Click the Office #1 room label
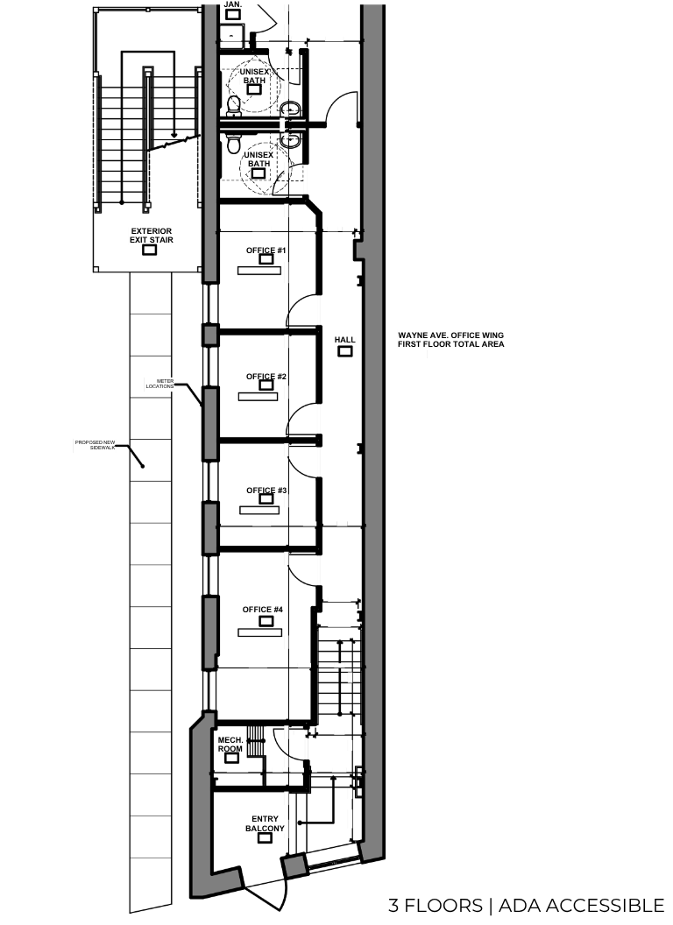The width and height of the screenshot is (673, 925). pyautogui.click(x=266, y=251)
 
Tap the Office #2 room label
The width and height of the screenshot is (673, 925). pyautogui.click(x=266, y=377)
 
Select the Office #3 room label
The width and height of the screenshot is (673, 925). pyautogui.click(x=266, y=491)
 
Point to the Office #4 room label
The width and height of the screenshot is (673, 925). pyautogui.click(x=263, y=610)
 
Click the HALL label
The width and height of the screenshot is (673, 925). pyautogui.click(x=344, y=340)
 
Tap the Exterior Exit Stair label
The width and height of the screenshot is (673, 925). pyautogui.click(x=152, y=236)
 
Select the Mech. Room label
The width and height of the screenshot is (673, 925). pyautogui.click(x=230, y=745)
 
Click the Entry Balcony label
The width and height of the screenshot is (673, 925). pyautogui.click(x=265, y=823)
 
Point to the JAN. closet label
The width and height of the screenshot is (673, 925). pyautogui.click(x=233, y=4)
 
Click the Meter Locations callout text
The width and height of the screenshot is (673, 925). pyautogui.click(x=159, y=384)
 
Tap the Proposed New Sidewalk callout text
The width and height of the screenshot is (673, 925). pyautogui.click(x=95, y=445)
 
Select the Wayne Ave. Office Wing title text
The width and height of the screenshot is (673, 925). pyautogui.click(x=451, y=339)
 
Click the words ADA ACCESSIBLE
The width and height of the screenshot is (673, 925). pyautogui.click(x=582, y=905)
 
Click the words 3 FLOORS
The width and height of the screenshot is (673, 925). pyautogui.click(x=436, y=905)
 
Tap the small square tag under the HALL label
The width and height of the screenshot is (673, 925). pyautogui.click(x=344, y=351)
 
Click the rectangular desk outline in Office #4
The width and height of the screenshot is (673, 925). pyautogui.click(x=259, y=632)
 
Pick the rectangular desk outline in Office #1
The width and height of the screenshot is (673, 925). pyautogui.click(x=259, y=270)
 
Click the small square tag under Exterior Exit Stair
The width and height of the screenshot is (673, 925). pyautogui.click(x=150, y=251)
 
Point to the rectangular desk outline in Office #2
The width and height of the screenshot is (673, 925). pyautogui.click(x=258, y=397)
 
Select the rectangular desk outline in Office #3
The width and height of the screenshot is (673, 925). pyautogui.click(x=259, y=511)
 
